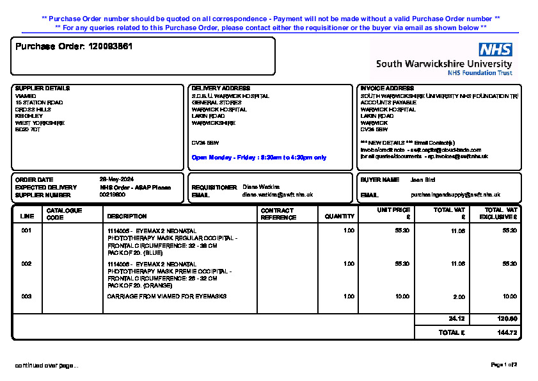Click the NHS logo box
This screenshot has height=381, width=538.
coord(495,50)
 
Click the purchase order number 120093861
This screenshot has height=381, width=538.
coord(110,47)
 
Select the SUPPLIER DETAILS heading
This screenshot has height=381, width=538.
coord(42,88)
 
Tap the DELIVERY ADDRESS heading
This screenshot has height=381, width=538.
coord(221,88)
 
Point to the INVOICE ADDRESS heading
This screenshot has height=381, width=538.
coord(387,88)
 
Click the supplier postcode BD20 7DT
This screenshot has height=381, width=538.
coord(28,130)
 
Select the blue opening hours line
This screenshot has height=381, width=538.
coord(258,158)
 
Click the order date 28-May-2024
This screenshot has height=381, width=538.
coord(116,179)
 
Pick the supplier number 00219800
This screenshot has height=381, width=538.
coord(113,195)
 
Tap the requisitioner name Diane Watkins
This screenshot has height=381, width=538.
coord(261,187)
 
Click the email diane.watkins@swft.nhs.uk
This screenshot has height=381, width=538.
coord(277,195)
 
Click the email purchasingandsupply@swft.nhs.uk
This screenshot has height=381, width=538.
coord(455,195)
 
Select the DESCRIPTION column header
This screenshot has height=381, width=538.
coord(127,216)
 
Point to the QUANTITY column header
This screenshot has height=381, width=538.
coord(339,216)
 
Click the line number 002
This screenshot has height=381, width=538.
coord(26,264)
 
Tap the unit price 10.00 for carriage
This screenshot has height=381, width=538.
coord(402,296)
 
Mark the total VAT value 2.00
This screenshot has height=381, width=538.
coord(459,297)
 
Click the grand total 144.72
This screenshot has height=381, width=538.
coord(507,333)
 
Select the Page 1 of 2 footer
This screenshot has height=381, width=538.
coord(503,365)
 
